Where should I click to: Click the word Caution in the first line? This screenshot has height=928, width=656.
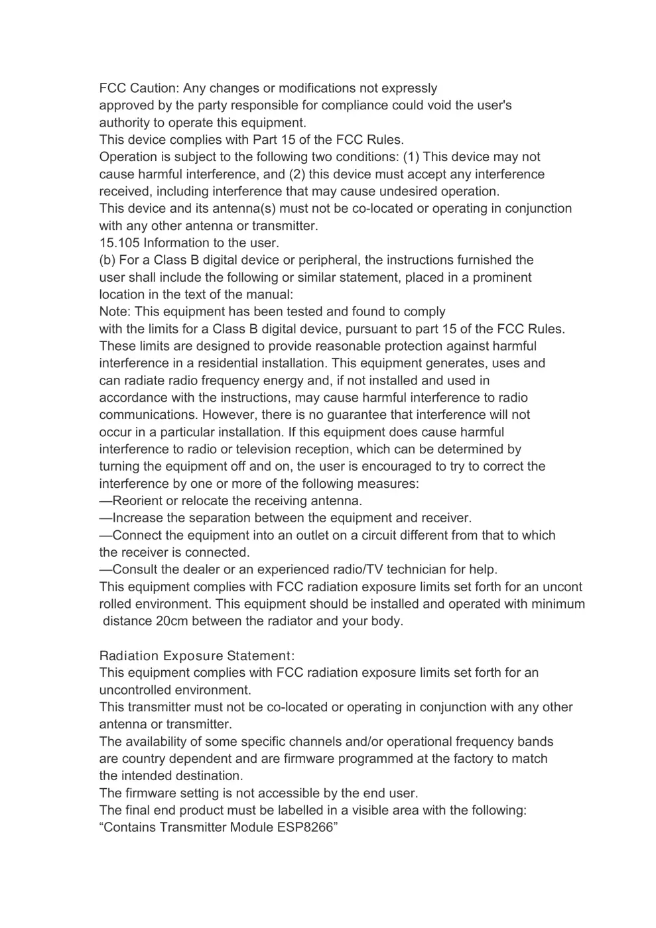154,88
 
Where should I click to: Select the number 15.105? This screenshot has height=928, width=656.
119,243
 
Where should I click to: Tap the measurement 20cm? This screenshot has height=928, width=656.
172,621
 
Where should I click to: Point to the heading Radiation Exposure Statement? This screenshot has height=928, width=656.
196,656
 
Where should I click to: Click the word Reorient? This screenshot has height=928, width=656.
137,500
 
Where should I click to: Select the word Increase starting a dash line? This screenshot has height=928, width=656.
138,518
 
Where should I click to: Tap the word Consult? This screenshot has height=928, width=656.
135,569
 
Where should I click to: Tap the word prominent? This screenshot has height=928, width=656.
502,277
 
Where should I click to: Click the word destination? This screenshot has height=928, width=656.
208,776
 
